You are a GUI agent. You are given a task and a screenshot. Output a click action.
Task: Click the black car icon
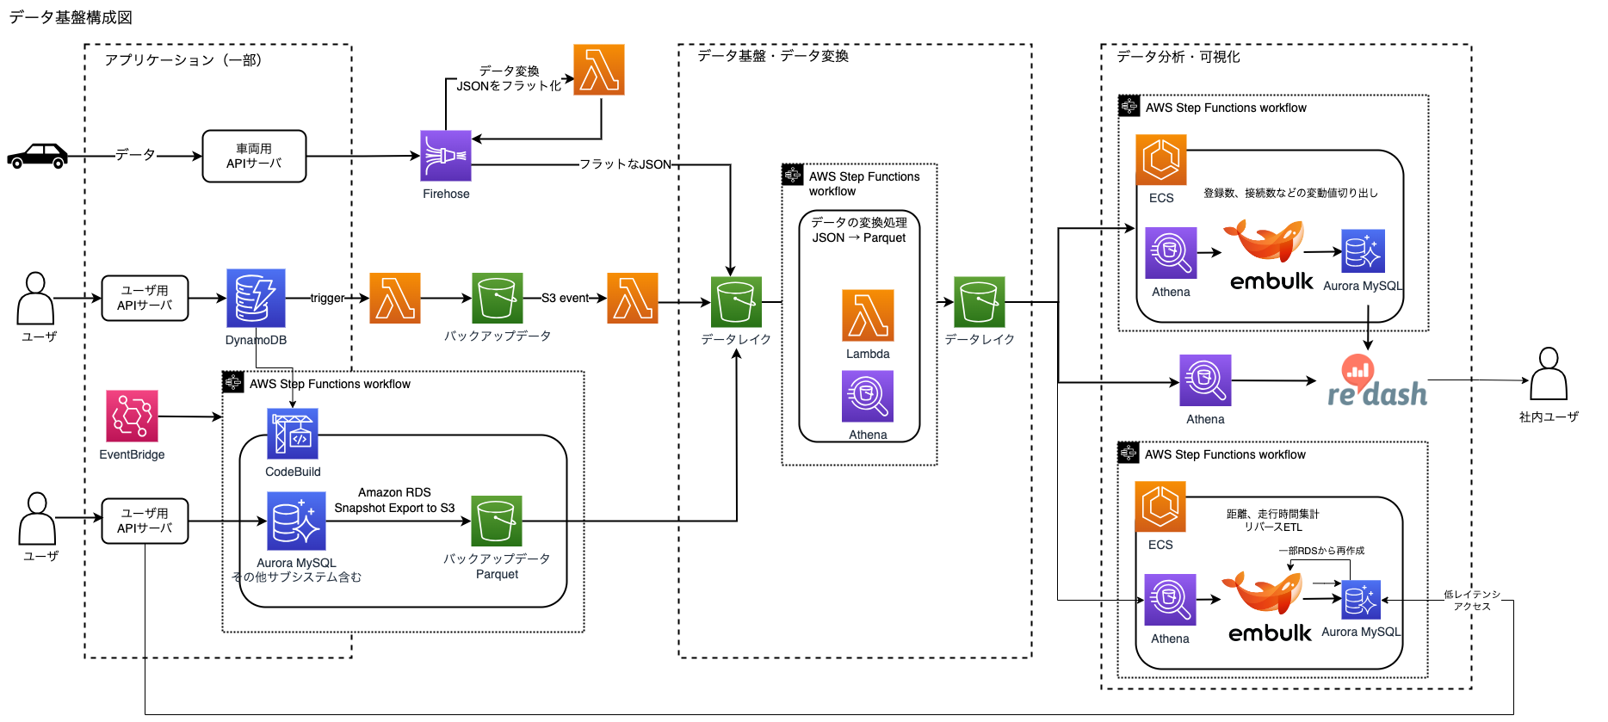pyautogui.click(x=37, y=156)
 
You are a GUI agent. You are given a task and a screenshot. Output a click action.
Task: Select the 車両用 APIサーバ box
pyautogui.click(x=254, y=156)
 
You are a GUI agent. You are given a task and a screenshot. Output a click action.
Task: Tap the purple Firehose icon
pyautogui.click(x=445, y=156)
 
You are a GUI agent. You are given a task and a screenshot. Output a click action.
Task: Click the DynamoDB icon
pyautogui.click(x=256, y=298)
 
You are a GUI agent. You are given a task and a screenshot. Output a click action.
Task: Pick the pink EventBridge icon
pyautogui.click(x=132, y=416)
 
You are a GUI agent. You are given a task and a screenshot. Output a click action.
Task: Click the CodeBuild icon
pyautogui.click(x=293, y=434)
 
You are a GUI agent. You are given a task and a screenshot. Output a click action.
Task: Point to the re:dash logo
pyautogui.click(x=1376, y=382)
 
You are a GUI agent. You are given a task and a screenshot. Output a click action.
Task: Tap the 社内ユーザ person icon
pyautogui.click(x=1549, y=374)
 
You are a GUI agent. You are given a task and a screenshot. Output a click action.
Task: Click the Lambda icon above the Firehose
pyautogui.click(x=599, y=70)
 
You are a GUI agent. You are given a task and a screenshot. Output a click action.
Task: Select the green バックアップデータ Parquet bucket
pyautogui.click(x=497, y=521)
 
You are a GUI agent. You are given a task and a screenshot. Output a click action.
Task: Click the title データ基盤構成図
pyautogui.click(x=71, y=17)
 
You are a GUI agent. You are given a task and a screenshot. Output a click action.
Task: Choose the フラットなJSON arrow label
pyautogui.click(x=625, y=164)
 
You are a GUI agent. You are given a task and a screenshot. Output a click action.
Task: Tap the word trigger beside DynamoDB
pyautogui.click(x=327, y=299)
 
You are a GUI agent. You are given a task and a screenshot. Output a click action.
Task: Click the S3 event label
pyautogui.click(x=565, y=299)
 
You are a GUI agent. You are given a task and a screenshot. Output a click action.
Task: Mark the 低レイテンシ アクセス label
pyautogui.click(x=1472, y=600)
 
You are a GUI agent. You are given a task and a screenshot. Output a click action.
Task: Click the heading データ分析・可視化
pyautogui.click(x=1178, y=57)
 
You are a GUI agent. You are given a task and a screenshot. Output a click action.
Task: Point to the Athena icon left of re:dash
pyautogui.click(x=1205, y=380)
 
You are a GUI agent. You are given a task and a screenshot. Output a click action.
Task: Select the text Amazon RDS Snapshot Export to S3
pyautogui.click(x=394, y=500)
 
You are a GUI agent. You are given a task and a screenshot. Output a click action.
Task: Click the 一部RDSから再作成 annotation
pyautogui.click(x=1321, y=551)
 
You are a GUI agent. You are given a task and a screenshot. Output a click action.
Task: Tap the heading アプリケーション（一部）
pyautogui.click(x=182, y=60)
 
